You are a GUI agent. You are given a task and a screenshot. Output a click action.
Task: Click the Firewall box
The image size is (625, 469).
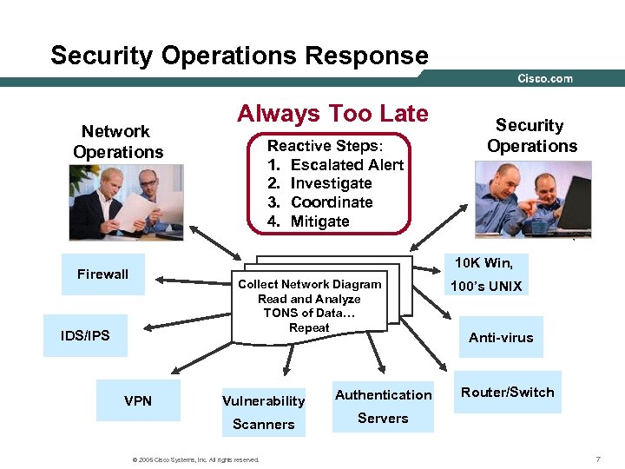click(102, 274)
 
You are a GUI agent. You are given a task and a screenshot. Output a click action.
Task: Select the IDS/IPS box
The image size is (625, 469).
click(86, 335)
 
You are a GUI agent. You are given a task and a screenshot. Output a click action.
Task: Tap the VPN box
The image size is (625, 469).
click(137, 400)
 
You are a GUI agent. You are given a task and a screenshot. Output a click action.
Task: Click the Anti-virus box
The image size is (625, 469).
click(501, 337)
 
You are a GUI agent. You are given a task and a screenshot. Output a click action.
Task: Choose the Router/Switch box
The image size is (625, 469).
click(507, 393)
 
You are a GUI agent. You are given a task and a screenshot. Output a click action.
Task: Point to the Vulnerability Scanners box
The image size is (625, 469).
click(263, 412)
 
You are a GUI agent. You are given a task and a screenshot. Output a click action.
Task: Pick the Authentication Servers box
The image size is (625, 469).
click(383, 406)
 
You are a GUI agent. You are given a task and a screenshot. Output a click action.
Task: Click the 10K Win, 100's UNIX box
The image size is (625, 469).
click(486, 274)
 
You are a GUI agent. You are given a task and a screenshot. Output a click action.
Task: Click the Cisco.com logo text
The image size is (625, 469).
click(545, 78)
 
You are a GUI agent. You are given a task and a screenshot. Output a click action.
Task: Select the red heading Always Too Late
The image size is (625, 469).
click(332, 114)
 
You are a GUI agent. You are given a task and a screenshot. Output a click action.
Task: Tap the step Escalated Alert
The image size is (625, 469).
click(346, 164)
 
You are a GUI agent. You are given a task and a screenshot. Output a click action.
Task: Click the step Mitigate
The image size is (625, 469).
click(319, 221)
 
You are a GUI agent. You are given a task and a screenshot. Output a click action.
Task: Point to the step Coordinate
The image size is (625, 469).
click(332, 202)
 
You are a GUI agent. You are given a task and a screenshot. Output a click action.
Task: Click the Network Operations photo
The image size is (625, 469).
click(126, 202)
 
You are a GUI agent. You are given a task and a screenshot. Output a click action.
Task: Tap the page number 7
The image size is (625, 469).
click(598, 459)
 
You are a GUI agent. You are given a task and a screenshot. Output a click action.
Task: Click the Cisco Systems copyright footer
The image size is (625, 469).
click(194, 459)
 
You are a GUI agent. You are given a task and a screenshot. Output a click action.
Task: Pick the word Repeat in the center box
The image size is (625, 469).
click(309, 327)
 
